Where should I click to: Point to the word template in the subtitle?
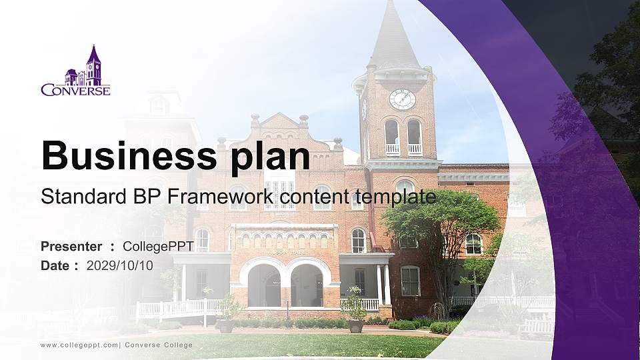coord(395,197)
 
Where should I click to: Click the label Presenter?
coord(71,247)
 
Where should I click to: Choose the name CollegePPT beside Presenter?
coord(158,247)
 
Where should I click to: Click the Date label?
coord(55,265)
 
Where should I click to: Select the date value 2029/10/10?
coord(120,265)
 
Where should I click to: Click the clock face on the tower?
coord(402,99)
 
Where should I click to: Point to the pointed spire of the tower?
coord(393,33)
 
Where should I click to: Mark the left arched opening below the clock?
coord(392,136)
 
